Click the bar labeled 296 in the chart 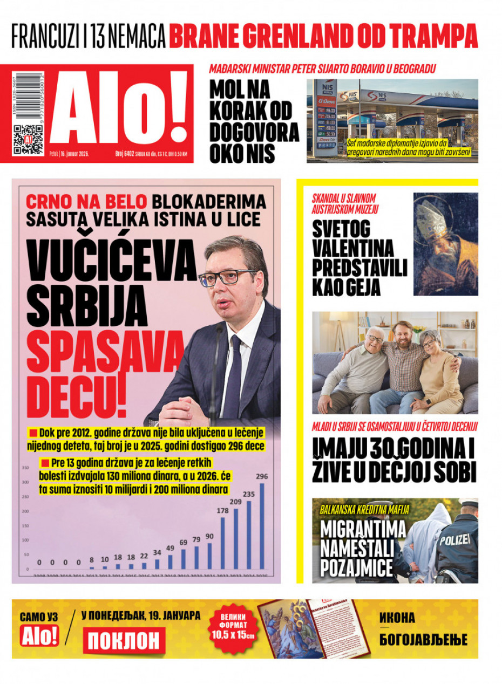point(262,525)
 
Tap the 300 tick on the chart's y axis point(25,482)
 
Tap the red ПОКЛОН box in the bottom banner point(124,640)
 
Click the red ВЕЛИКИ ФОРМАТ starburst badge point(234,628)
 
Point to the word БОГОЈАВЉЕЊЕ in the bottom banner point(423,640)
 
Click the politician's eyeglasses point(227,277)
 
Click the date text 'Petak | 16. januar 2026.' point(69,154)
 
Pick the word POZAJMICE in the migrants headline point(357,567)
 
